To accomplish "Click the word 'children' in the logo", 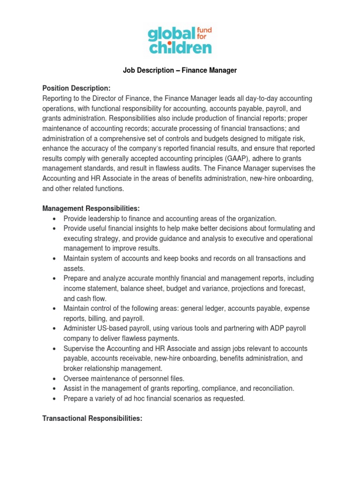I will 180,47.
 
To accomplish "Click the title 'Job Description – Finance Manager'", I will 180,70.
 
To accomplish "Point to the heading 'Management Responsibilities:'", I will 91,208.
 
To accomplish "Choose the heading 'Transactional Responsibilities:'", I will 92,419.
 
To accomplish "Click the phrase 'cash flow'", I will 91,298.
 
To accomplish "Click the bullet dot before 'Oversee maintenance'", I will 55,379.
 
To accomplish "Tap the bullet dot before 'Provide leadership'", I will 55,218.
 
